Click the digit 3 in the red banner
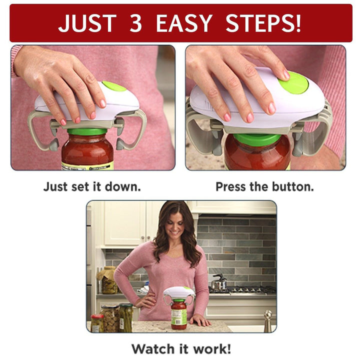pyautogui.click(x=135, y=23)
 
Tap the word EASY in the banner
pyautogui.click(x=184, y=23)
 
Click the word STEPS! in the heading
pyautogui.click(x=263, y=23)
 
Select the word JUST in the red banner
pyautogui.click(x=87, y=23)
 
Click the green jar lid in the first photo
pyautogui.click(x=87, y=131)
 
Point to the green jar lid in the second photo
pyautogui.click(x=257, y=139)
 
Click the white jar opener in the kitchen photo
pyautogui.click(x=179, y=295)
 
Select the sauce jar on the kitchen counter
pyautogui.click(x=178, y=314)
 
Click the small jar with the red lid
pyautogui.click(x=97, y=323)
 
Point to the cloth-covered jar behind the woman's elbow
pyautogui.click(x=108, y=280)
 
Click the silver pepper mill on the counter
pyautogui.click(x=267, y=321)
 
